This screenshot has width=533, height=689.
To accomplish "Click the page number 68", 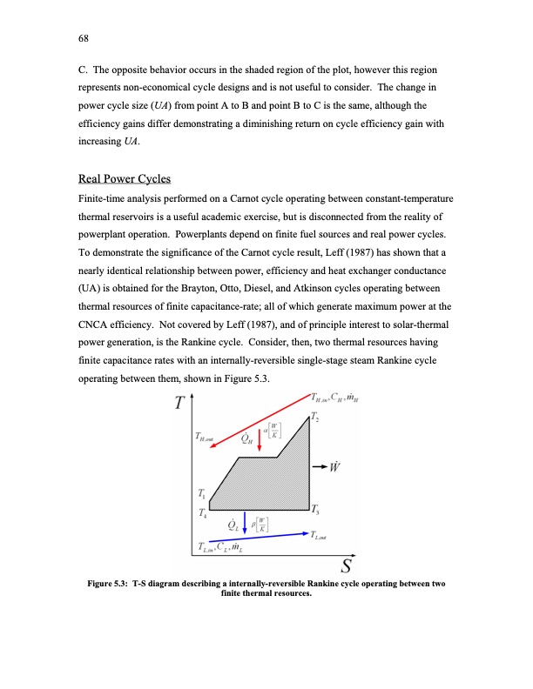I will click(84, 37).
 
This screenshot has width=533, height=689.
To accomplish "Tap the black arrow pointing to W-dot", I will click(320, 463).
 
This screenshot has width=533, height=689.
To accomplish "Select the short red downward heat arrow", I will click(260, 437).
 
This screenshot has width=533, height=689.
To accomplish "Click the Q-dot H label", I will click(246, 439).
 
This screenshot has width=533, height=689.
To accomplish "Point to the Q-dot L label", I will click(233, 525).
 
